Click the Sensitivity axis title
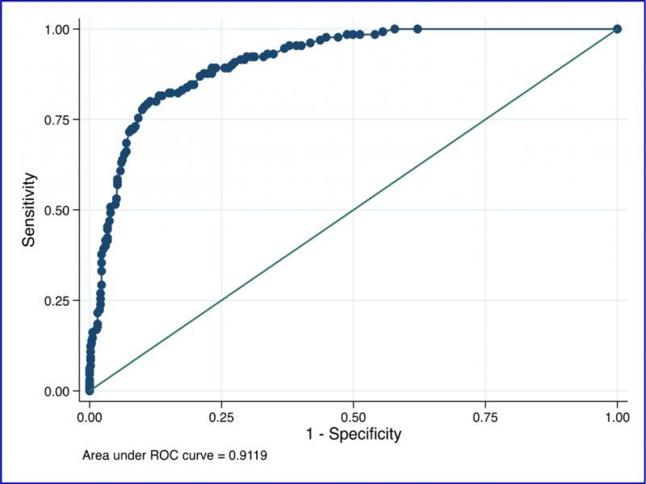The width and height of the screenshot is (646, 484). (x=29, y=210)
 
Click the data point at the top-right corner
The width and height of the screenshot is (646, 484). (x=617, y=29)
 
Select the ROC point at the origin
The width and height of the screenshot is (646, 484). (x=90, y=391)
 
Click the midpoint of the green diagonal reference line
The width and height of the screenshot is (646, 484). (x=353, y=210)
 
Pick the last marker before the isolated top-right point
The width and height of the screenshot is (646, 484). (x=417, y=29)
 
